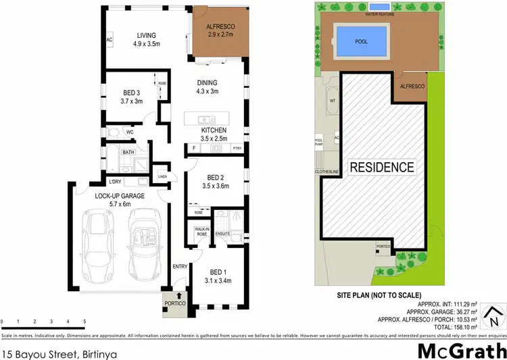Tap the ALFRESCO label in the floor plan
click(x=210, y=28)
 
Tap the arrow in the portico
click(x=178, y=294)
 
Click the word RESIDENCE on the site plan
click(x=381, y=166)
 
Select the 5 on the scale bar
click(x=84, y=321)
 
